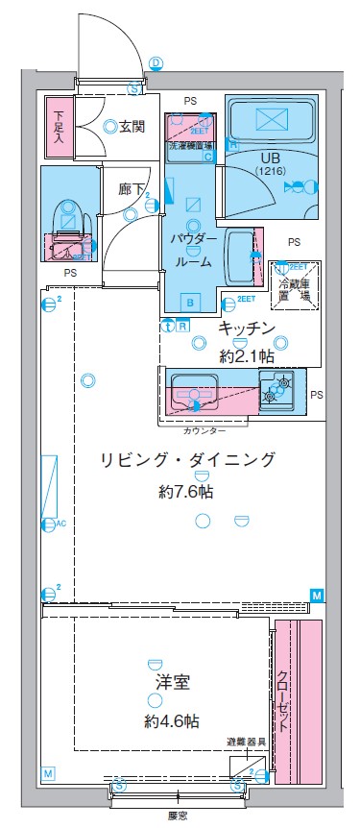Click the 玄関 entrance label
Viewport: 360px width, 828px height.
coord(132,125)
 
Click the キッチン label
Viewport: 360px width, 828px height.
coord(247,329)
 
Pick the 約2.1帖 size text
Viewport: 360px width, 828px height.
coord(247,356)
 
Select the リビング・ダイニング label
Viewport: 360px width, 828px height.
coord(187,460)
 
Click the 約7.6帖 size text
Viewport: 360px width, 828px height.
coord(187,491)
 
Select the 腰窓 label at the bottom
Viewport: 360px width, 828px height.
coord(177,816)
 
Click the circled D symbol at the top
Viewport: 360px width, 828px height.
coord(156,62)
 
